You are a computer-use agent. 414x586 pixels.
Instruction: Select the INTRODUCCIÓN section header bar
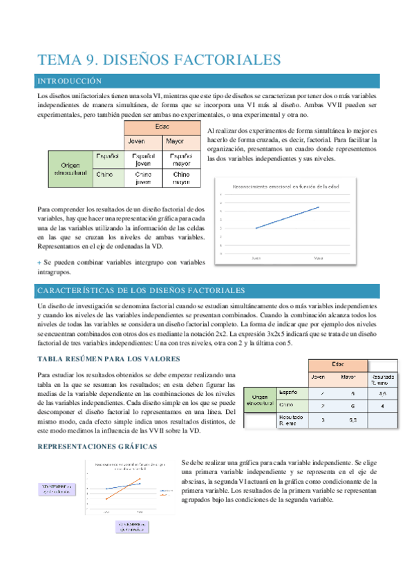pos(207,81)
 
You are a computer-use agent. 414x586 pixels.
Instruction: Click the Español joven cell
pos(144,160)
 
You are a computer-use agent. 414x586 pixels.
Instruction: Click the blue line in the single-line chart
pos(287,217)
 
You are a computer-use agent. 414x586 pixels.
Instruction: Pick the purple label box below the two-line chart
pos(131,528)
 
